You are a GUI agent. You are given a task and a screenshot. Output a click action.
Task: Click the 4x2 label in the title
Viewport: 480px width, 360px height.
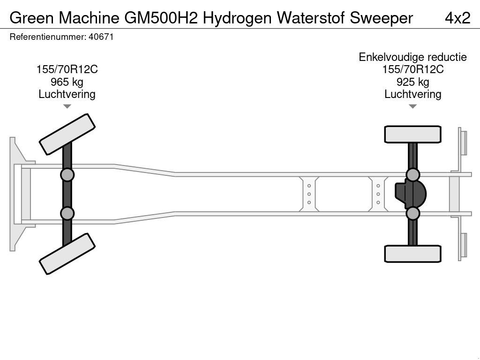457,18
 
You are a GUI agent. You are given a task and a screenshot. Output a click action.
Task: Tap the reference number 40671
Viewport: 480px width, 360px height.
101,37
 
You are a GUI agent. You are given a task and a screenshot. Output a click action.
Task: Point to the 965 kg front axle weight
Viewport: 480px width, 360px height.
67,82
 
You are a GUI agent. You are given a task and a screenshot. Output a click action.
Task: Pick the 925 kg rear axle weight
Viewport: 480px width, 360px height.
412,82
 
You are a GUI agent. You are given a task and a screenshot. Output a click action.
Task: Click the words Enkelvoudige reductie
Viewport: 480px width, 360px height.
412,57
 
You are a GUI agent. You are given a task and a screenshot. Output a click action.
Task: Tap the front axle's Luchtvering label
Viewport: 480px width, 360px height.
67,94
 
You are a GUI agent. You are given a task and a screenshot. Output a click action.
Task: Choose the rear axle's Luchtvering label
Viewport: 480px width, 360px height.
412,94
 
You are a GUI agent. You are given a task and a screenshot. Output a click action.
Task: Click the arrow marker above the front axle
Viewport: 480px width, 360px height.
67,106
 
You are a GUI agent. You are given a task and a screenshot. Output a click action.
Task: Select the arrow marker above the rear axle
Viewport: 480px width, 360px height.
412,106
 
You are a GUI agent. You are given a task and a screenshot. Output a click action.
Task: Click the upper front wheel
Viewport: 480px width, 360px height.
67,134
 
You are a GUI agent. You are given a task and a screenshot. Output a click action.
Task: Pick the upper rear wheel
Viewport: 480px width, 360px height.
412,134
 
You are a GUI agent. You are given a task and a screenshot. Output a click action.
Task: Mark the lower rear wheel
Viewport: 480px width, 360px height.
412,254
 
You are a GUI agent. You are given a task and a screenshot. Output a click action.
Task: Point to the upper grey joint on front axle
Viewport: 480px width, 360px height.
67,175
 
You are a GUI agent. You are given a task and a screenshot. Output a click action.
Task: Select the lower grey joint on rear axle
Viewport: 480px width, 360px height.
412,214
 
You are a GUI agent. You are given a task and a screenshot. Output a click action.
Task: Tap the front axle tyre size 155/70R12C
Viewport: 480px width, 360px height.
67,69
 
